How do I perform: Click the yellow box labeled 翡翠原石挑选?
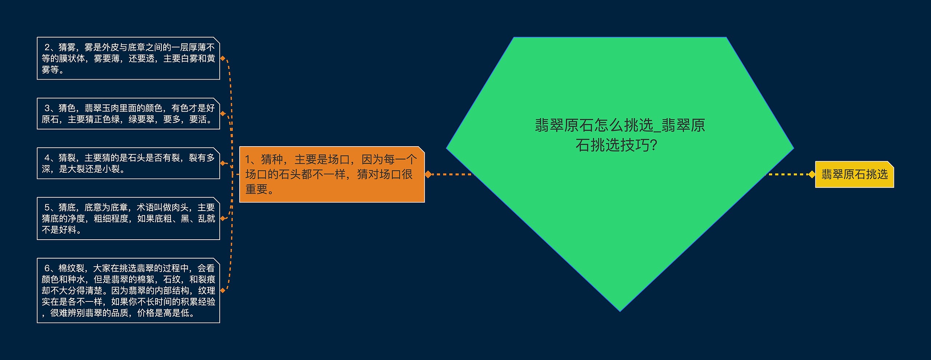click(854, 175)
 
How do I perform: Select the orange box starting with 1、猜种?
click(332, 174)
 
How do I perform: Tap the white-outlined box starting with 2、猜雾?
click(128, 58)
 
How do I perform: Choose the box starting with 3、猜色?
click(128, 113)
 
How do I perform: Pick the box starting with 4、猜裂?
click(128, 163)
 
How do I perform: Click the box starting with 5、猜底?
click(128, 219)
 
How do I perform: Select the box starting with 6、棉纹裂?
click(128, 290)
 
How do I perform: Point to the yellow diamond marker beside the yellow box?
click(811, 175)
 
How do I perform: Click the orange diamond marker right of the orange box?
click(428, 175)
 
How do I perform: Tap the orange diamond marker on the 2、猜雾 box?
click(223, 58)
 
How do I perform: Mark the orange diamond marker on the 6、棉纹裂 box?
click(223, 290)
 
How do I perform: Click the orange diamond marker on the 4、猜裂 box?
click(223, 163)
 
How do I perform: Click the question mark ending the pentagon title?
click(654, 145)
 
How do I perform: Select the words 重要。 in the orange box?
click(260, 189)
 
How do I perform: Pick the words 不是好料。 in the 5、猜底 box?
click(61, 230)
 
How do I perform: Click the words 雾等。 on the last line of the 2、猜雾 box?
click(53, 70)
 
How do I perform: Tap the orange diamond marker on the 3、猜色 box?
click(223, 113)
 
